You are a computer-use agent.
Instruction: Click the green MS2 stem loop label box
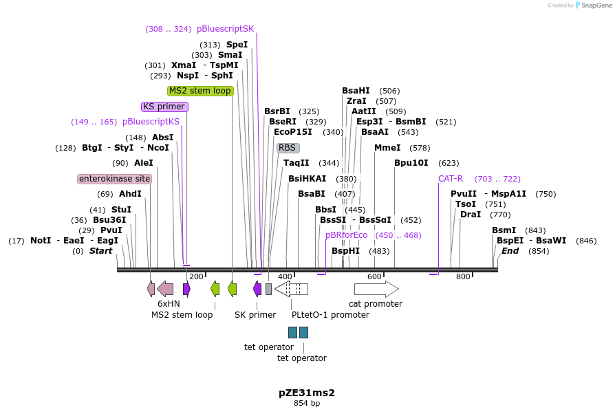tap(200, 91)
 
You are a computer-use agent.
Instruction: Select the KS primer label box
tap(164, 107)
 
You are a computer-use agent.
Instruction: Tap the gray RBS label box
tap(288, 148)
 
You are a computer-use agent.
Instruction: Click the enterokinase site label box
tap(114, 179)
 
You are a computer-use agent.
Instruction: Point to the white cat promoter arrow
tap(376, 289)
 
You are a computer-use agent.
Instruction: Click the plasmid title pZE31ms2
tap(307, 393)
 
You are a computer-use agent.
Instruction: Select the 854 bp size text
tap(307, 404)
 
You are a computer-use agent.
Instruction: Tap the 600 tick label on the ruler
tap(374, 276)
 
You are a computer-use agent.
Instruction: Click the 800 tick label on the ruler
tap(463, 276)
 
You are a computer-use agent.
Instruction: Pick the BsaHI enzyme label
tap(356, 91)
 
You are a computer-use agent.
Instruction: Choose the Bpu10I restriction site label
tap(411, 163)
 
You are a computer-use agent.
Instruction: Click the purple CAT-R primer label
tap(451, 179)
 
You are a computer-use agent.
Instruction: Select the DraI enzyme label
tap(471, 215)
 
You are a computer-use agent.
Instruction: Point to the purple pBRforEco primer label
tap(347, 235)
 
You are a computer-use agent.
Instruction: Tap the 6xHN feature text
tap(169, 303)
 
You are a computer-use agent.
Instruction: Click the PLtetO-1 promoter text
tap(330, 315)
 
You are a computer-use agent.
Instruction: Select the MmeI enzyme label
tap(387, 148)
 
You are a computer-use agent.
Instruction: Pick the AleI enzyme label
tap(143, 163)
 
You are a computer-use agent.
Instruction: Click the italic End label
tap(510, 251)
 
